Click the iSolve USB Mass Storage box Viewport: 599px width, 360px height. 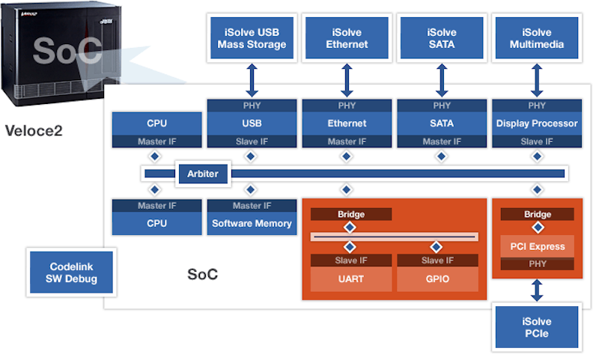252,39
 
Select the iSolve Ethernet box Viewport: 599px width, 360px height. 347,39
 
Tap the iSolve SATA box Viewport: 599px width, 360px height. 442,39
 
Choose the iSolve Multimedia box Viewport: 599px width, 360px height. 537,39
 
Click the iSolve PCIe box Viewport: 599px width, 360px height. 537,327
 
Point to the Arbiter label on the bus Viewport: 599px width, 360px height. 202,174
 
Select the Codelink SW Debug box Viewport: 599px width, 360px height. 72,272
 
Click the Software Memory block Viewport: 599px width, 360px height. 252,223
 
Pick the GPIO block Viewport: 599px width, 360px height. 437,280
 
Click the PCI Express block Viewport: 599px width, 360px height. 537,246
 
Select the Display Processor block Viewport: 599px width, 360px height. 537,123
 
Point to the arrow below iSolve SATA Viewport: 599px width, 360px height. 442,80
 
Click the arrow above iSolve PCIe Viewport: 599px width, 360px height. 537,290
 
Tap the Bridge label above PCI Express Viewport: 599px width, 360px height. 537,214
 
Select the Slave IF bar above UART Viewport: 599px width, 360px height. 351,260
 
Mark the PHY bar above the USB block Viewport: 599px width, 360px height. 252,106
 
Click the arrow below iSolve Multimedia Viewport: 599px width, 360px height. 537,80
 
